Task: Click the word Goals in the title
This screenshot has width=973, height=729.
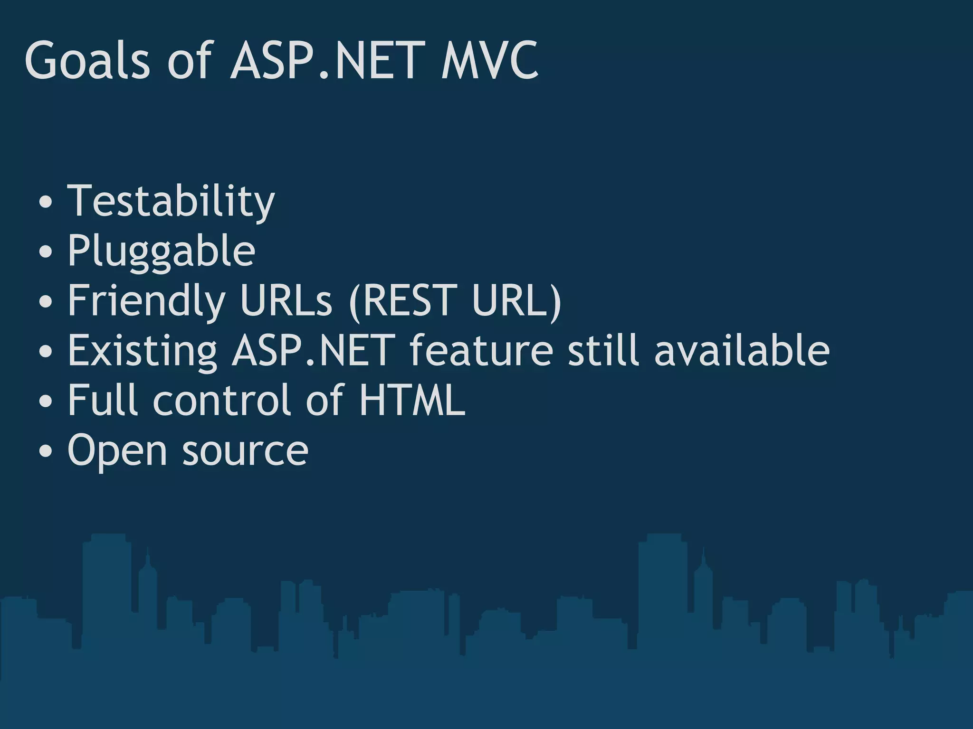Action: [87, 61]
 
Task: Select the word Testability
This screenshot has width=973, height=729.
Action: [171, 202]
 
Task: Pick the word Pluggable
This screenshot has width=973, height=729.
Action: [162, 252]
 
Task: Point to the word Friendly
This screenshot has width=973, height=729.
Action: [146, 301]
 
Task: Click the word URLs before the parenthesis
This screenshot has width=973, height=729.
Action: [286, 301]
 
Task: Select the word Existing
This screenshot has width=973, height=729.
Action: [143, 351]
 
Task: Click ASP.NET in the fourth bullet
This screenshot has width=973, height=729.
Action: [314, 351]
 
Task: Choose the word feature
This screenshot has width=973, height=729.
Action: [481, 351]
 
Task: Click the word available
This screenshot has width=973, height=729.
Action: [742, 351]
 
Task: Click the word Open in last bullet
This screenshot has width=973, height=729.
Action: [117, 451]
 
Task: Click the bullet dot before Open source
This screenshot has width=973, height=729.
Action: [46, 451]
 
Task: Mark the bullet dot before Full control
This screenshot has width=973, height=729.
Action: [46, 401]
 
